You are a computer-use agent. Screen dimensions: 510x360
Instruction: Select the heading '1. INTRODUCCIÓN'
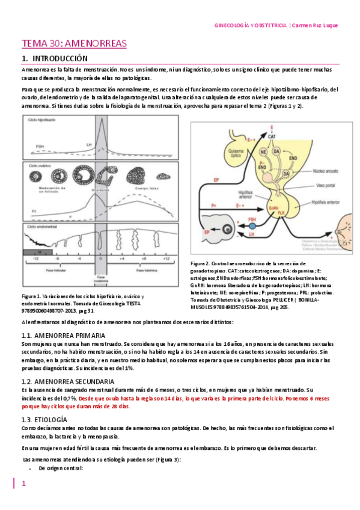(54, 59)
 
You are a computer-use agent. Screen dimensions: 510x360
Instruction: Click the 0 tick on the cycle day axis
(100, 256)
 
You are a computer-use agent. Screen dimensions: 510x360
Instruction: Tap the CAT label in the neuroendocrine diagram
(272, 137)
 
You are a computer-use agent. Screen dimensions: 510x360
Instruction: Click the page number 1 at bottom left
(23, 484)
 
